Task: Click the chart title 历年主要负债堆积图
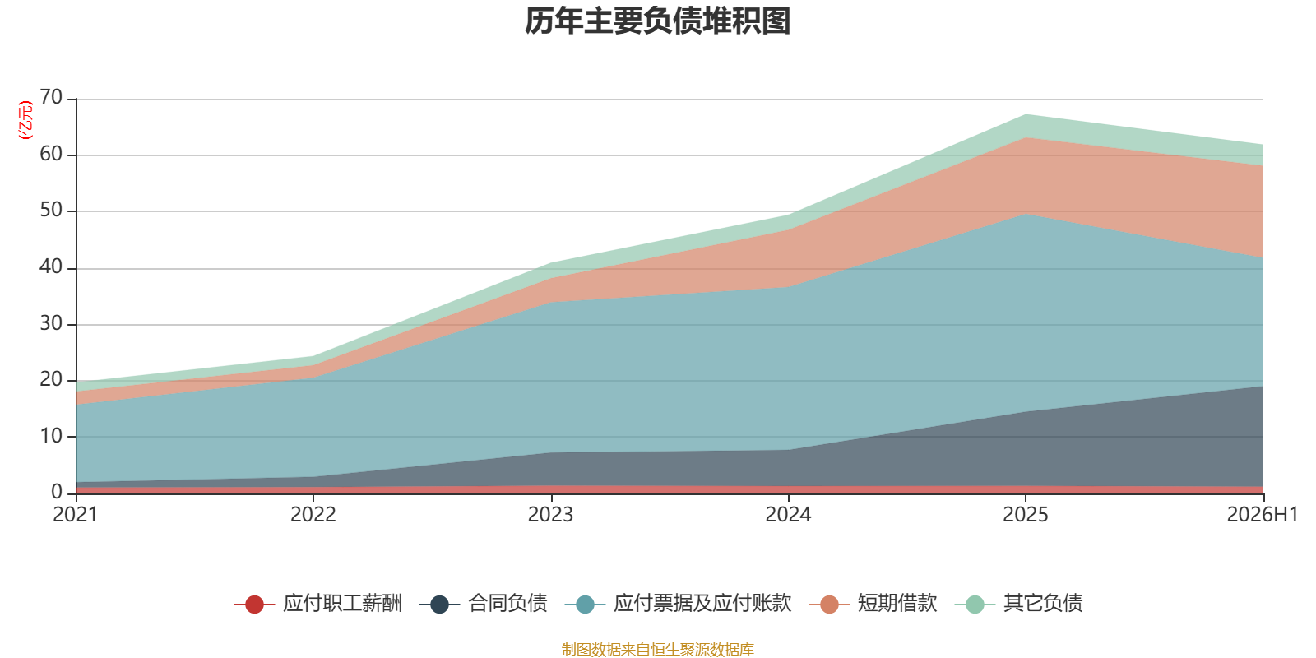click(x=657, y=21)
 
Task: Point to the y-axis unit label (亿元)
click(x=25, y=120)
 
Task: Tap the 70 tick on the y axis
click(x=51, y=97)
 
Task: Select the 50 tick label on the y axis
click(x=51, y=210)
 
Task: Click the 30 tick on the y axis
click(x=51, y=323)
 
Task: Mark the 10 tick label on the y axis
click(x=51, y=436)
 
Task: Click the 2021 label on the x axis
click(x=75, y=515)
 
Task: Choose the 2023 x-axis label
click(x=550, y=515)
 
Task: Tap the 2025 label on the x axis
click(x=1025, y=515)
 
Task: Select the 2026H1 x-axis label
click(x=1262, y=515)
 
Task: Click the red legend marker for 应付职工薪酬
click(x=254, y=604)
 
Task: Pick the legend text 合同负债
click(x=507, y=604)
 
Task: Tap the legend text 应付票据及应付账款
click(x=702, y=604)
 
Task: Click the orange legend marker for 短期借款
click(x=829, y=604)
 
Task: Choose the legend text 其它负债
click(x=1043, y=604)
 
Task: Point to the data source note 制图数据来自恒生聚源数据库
click(x=657, y=649)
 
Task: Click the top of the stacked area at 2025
click(x=1025, y=114)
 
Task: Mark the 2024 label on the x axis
click(x=788, y=515)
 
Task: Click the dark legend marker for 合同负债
click(x=439, y=604)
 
